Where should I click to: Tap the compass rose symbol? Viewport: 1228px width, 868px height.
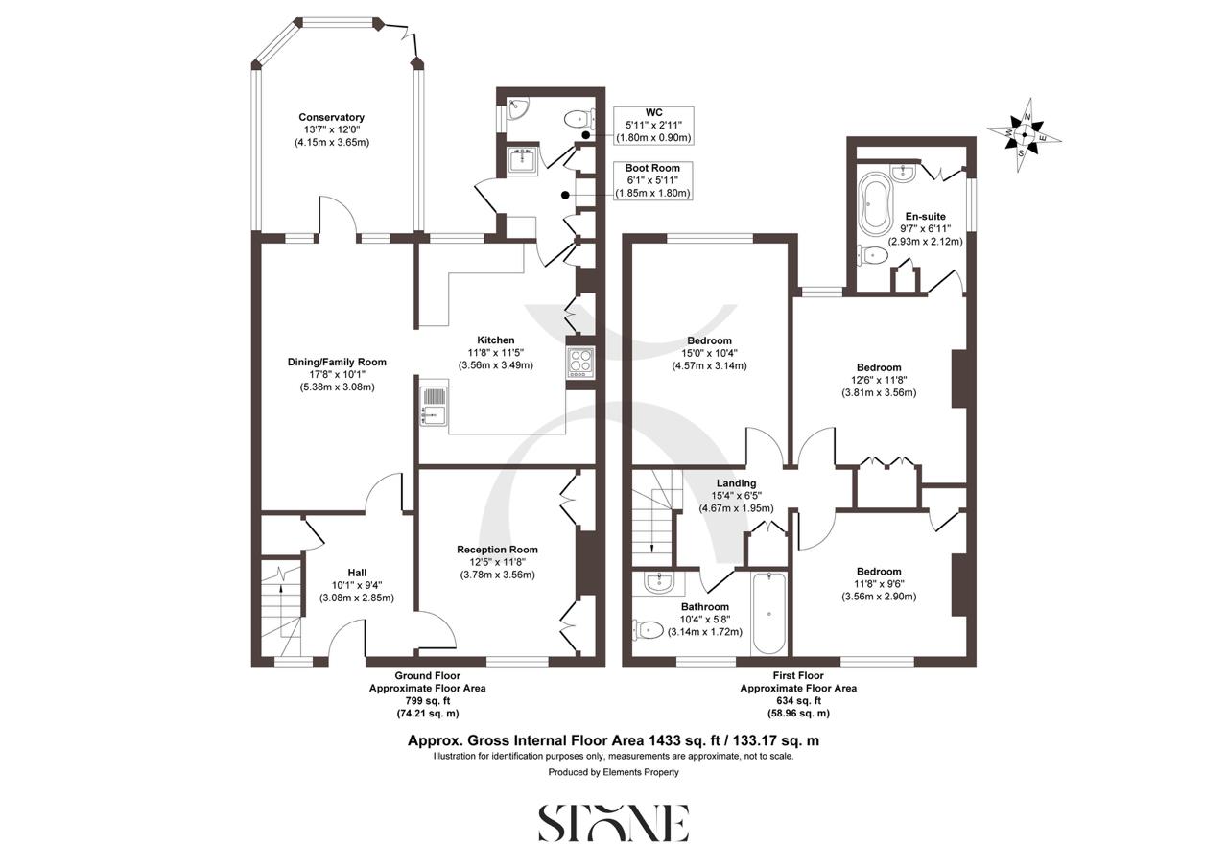(x=1024, y=134)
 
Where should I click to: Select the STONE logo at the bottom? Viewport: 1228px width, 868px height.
(x=613, y=823)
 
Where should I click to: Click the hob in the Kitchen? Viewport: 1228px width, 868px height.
(x=579, y=363)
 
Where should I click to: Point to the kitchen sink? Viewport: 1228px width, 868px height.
(x=433, y=403)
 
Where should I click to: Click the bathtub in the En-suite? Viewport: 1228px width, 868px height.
(x=874, y=203)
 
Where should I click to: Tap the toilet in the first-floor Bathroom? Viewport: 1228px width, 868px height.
(x=649, y=630)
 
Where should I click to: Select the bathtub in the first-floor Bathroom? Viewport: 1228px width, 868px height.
(x=769, y=614)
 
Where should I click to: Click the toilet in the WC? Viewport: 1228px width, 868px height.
(x=579, y=120)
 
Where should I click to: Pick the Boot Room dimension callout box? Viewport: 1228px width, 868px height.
(x=652, y=180)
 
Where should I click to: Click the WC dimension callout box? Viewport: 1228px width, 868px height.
(x=653, y=125)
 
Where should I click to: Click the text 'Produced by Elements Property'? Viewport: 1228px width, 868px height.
(x=613, y=772)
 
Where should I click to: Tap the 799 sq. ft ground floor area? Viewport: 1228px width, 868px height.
(x=428, y=701)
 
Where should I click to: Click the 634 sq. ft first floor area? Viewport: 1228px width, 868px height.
(x=798, y=701)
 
